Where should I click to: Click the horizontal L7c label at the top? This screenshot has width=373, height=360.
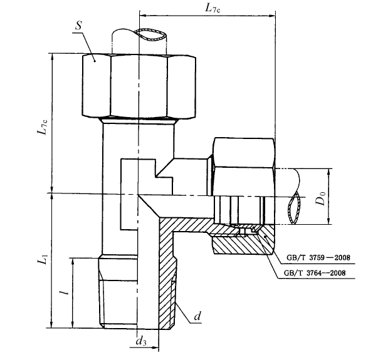coord(213,9)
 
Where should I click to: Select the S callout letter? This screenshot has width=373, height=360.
coord(78,26)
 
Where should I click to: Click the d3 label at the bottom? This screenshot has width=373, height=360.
coord(141,341)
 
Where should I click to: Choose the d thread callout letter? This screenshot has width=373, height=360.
coord(197,316)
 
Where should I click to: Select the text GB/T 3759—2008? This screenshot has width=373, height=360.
coord(318,257)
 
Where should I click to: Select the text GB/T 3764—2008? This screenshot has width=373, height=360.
coord(315,272)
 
